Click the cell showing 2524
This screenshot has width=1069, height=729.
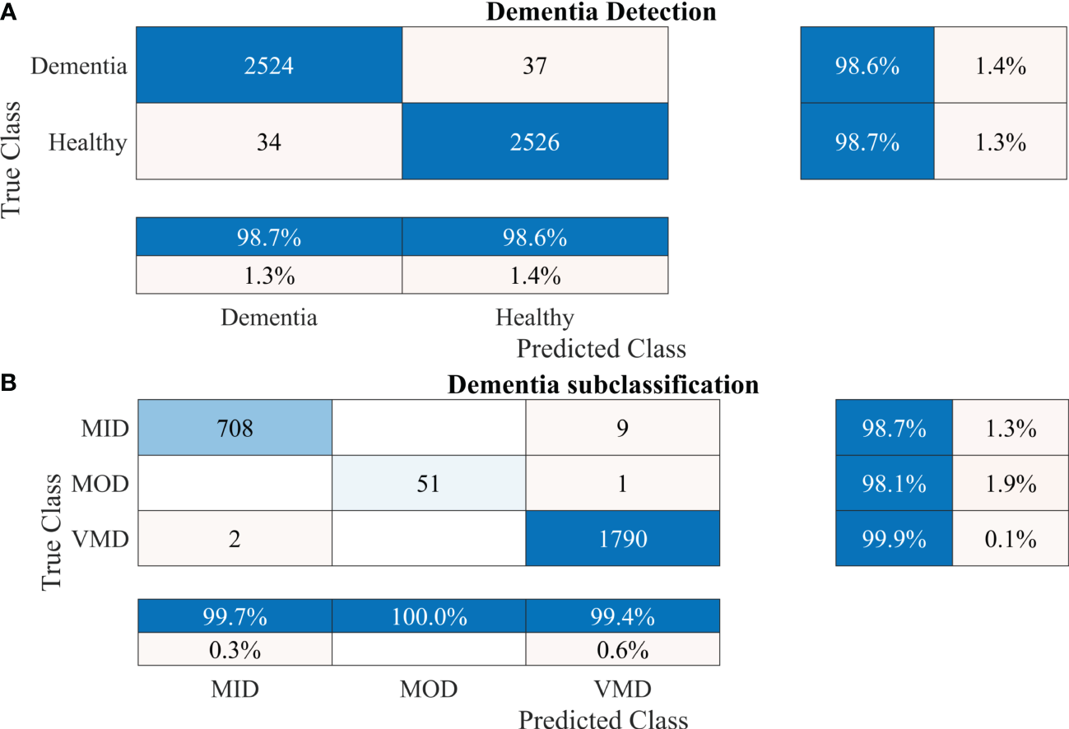269,66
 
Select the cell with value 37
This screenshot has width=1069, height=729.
535,66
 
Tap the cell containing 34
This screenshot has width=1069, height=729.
269,142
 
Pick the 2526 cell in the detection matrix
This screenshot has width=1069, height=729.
535,142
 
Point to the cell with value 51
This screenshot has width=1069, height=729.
428,483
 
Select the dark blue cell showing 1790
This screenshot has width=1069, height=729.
622,539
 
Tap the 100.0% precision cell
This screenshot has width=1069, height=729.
428,615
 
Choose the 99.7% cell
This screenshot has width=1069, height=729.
234,615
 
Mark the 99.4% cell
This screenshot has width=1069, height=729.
622,615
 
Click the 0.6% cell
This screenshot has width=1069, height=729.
622,650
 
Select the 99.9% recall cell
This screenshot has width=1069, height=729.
894,539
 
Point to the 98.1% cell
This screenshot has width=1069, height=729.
894,483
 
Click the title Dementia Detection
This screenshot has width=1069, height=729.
601,12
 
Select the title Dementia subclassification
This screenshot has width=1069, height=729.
602,385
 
